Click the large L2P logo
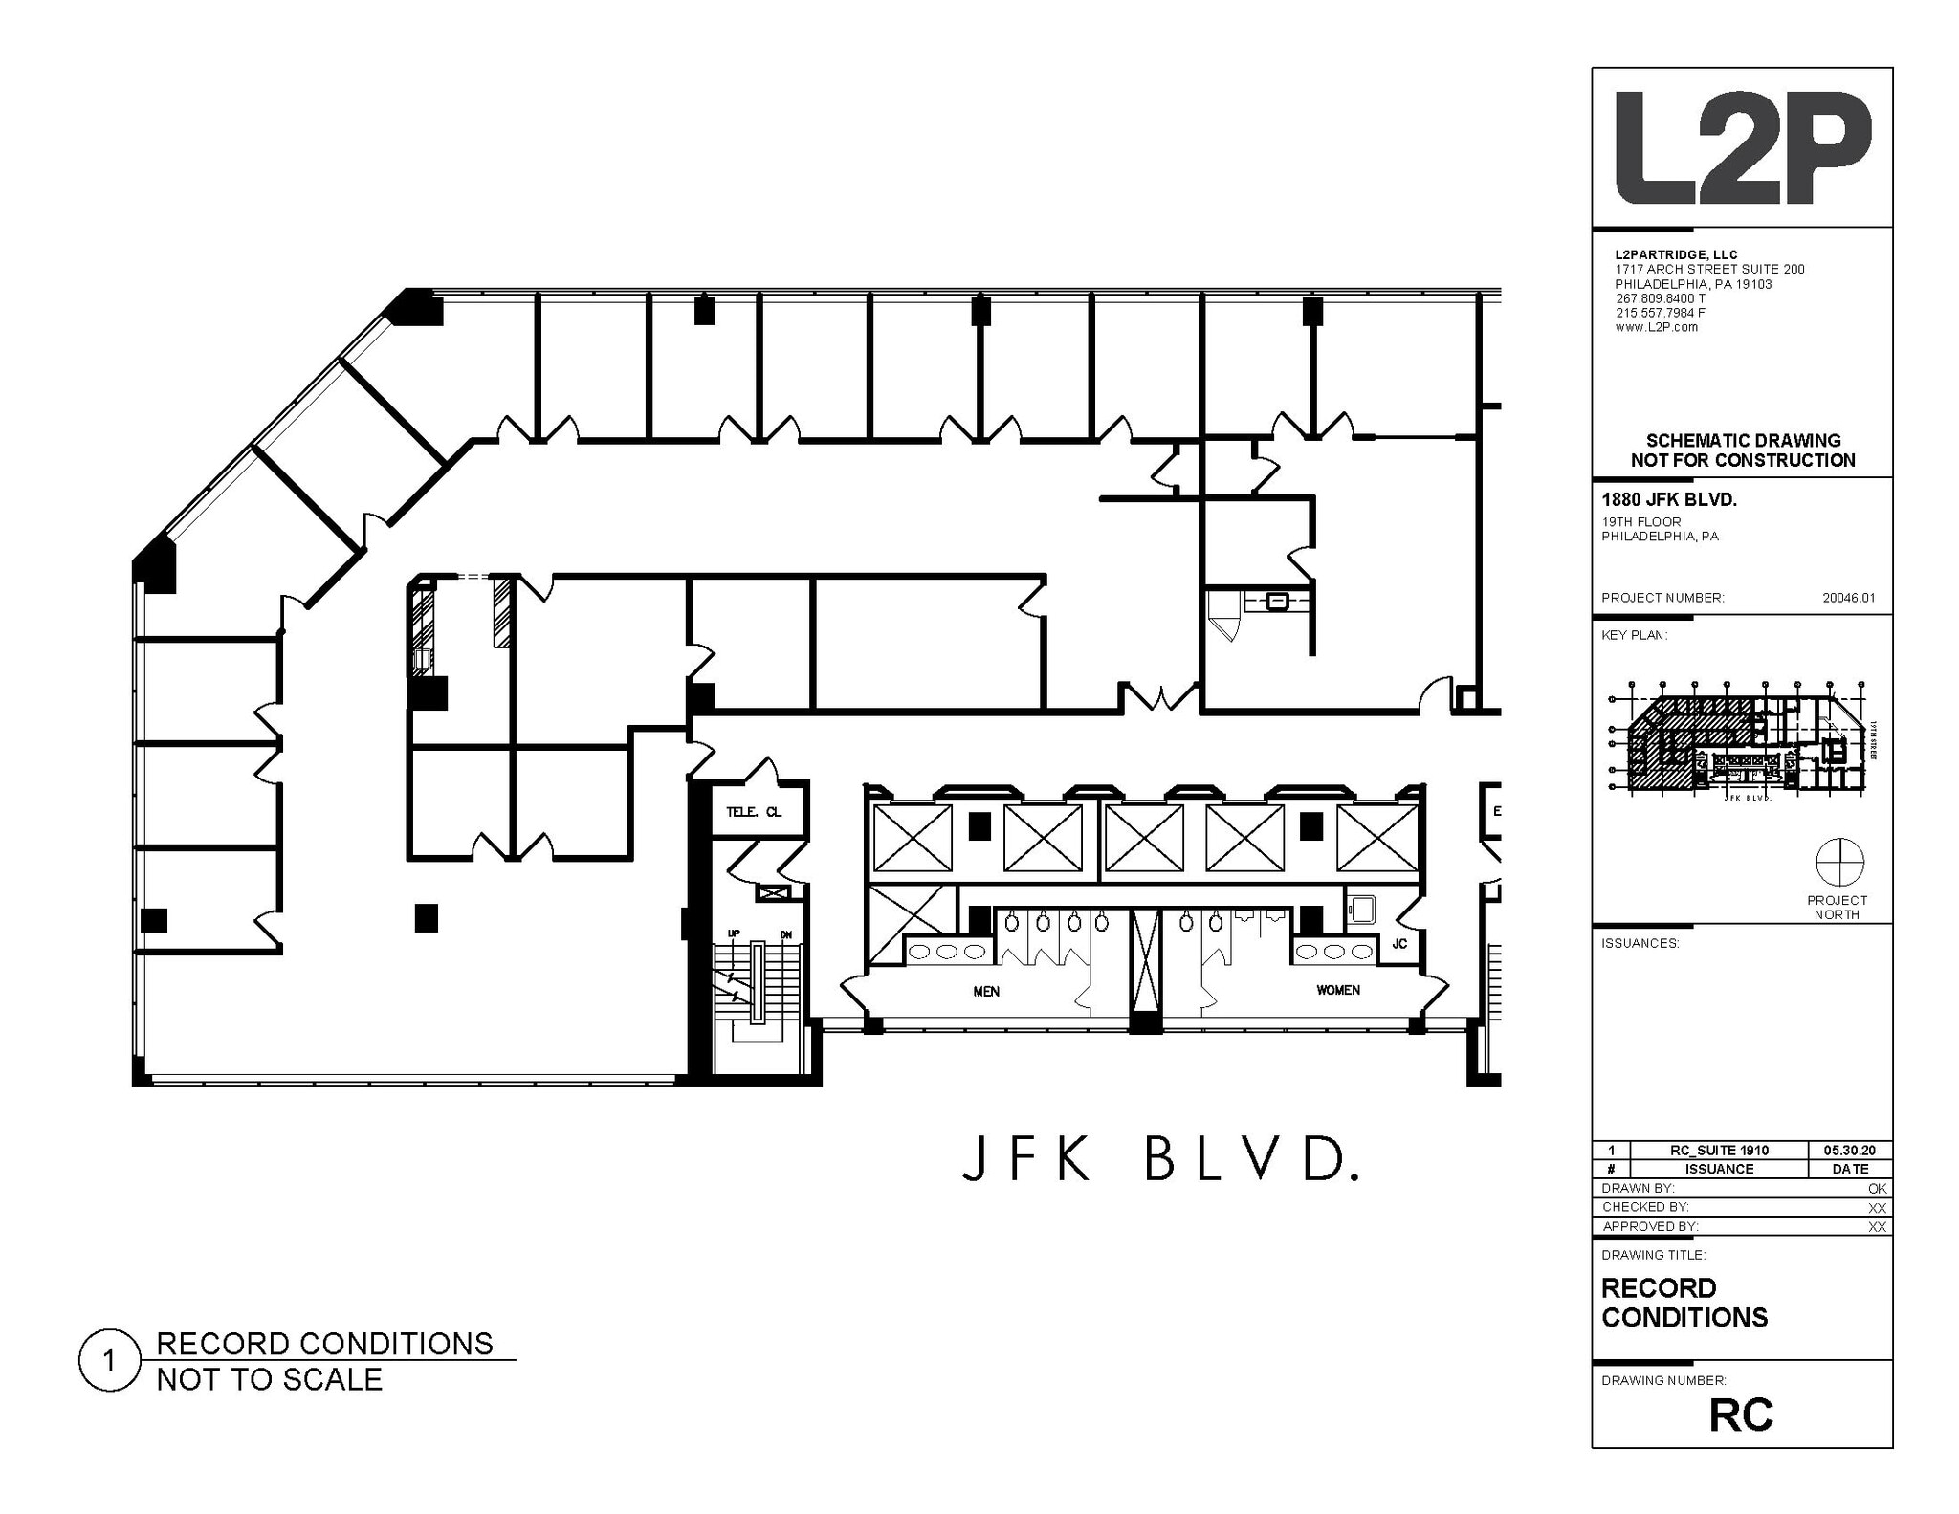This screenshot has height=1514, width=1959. tap(1742, 148)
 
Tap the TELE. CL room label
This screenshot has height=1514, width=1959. tap(753, 812)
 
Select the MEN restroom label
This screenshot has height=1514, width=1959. tap(986, 992)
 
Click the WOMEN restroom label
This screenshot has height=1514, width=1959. tap(1337, 990)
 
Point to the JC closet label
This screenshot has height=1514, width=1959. tap(1399, 944)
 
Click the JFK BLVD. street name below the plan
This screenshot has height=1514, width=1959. tap(1159, 1160)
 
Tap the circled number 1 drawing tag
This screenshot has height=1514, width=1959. tap(110, 1360)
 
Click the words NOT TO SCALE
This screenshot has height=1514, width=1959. tap(270, 1380)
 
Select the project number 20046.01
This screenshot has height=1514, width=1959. tap(1848, 598)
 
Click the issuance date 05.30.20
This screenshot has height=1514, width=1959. tap(1850, 1151)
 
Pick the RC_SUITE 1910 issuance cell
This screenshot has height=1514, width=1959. tap(1719, 1151)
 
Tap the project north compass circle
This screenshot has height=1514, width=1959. tap(1839, 862)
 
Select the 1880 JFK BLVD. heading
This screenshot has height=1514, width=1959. tap(1669, 500)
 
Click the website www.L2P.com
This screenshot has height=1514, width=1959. tap(1656, 327)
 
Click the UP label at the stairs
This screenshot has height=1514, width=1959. tap(734, 933)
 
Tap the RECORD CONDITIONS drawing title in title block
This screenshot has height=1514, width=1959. tap(1684, 1303)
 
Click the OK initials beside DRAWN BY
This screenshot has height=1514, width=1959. tap(1877, 1188)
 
